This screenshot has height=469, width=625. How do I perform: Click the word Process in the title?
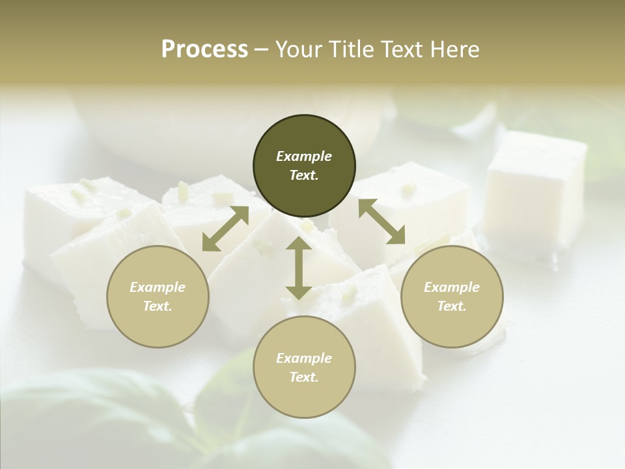click(x=204, y=50)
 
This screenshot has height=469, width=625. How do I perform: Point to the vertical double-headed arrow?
click(x=299, y=268)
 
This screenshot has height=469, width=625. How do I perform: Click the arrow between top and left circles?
click(x=225, y=229)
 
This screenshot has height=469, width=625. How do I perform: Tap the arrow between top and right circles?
click(x=382, y=221)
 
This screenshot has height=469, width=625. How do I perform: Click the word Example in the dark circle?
click(x=304, y=156)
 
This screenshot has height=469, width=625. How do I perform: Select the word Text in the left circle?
click(x=158, y=306)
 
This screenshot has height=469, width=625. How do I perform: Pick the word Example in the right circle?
click(x=452, y=287)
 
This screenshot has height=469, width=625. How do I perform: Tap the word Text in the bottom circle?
click(x=304, y=377)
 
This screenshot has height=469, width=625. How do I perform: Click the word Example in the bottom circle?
click(x=304, y=358)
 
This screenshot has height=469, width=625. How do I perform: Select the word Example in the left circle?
click(x=158, y=287)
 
